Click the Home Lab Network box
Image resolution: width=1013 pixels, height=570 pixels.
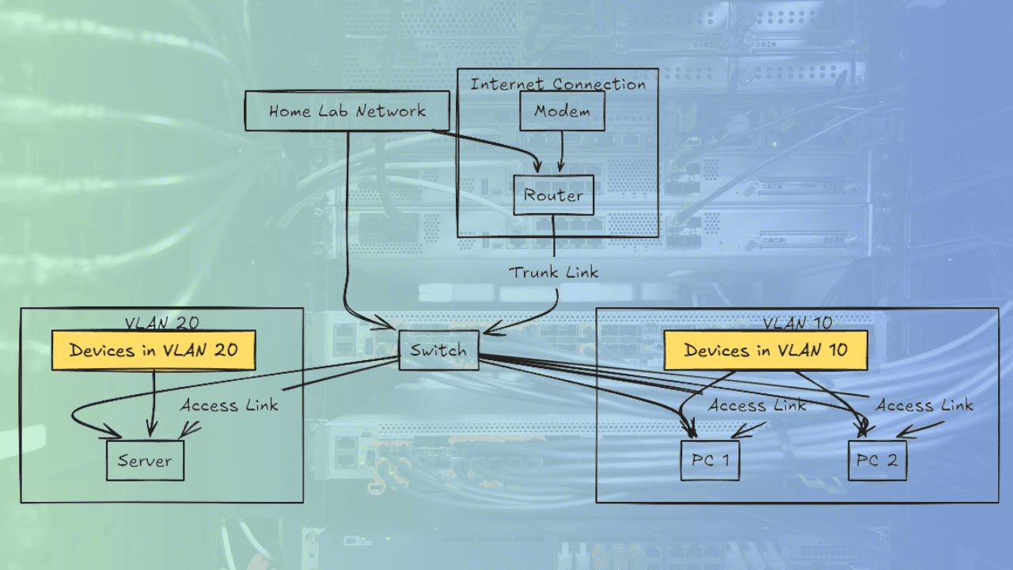click(x=347, y=111)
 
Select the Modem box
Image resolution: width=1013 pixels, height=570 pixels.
click(x=562, y=111)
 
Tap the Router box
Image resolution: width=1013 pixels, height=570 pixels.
click(x=553, y=195)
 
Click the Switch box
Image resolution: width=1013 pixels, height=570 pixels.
click(x=438, y=350)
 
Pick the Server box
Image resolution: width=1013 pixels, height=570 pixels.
click(x=145, y=461)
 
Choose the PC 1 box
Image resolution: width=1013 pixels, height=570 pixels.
click(x=710, y=461)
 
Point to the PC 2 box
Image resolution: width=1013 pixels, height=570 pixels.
click(x=878, y=461)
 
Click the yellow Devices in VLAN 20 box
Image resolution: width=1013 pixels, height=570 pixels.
click(x=154, y=351)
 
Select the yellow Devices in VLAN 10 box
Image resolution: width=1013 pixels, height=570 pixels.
click(x=765, y=351)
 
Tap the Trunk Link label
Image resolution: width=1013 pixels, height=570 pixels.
click(x=553, y=272)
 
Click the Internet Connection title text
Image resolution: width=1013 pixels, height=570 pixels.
click(x=558, y=84)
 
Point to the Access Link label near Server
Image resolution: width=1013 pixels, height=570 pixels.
click(x=230, y=405)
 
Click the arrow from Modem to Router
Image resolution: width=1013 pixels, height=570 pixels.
click(x=562, y=151)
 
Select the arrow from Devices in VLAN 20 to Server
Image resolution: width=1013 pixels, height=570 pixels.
click(x=153, y=404)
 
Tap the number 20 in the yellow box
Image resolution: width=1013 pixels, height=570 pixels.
click(x=226, y=350)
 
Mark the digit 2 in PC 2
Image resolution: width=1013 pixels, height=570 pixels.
click(x=892, y=461)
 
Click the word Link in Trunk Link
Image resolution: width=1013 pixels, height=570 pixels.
click(x=582, y=272)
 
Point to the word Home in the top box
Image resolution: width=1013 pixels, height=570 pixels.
click(x=290, y=111)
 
